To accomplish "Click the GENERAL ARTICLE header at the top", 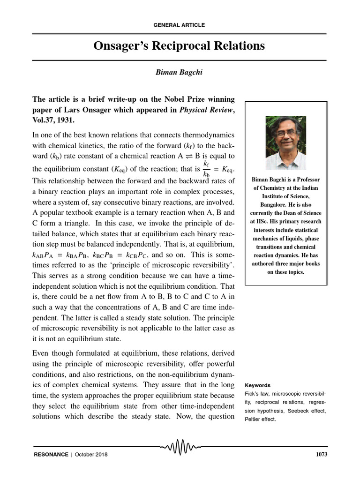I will click(180, 25).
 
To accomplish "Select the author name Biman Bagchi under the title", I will click(180, 73).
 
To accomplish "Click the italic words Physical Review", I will click(205, 110).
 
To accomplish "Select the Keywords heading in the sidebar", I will click(258, 385).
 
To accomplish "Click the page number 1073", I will click(318, 455).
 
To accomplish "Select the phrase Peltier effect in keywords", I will click(261, 419).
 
